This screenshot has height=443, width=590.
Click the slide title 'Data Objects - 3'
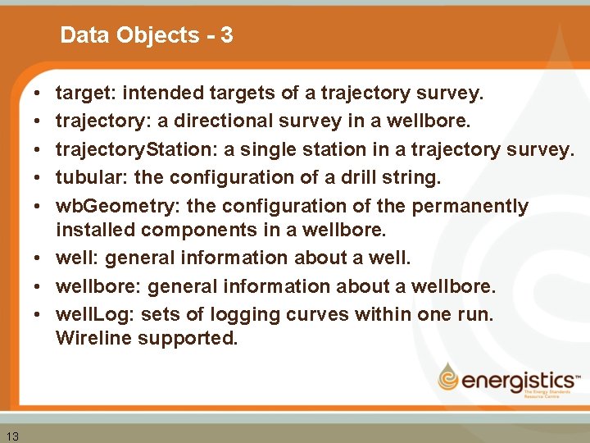[147, 35]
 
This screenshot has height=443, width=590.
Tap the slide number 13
[12, 435]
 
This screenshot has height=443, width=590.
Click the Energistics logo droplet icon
[449, 377]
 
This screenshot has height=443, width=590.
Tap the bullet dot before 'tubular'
[39, 177]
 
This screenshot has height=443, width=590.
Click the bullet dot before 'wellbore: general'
[39, 286]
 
